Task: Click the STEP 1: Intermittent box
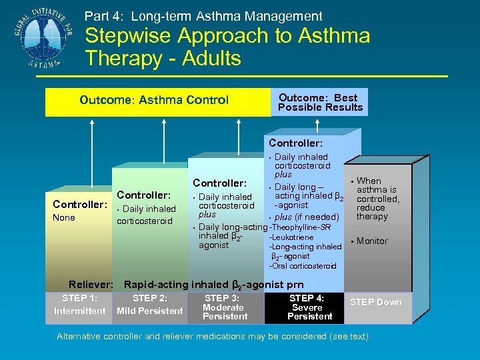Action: (79, 305)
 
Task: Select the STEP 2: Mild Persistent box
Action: (149, 305)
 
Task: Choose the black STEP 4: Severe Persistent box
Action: (306, 307)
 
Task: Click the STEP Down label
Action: (376, 303)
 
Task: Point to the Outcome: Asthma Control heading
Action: (154, 101)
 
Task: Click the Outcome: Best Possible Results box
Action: (320, 102)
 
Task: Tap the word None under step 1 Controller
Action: (64, 218)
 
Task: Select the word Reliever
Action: (90, 285)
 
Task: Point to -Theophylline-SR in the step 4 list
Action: (300, 227)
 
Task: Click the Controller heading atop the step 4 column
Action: (295, 143)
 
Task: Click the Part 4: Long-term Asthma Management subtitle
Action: (203, 16)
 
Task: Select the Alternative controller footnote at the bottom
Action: (213, 336)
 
